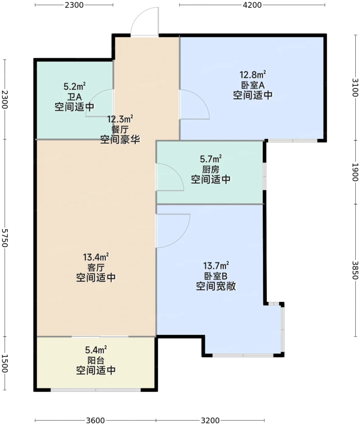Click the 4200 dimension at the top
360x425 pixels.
[x=252, y=5]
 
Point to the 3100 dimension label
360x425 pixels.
[x=355, y=87]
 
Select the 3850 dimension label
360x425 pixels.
[x=355, y=270]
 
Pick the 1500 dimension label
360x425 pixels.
[x=5, y=363]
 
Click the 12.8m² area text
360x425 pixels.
[x=253, y=75]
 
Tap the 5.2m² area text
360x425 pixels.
[x=74, y=86]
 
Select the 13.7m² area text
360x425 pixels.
[x=216, y=266]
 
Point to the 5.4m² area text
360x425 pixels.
[x=96, y=350]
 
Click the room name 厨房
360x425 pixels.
[x=211, y=170]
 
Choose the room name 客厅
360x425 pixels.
[x=96, y=268]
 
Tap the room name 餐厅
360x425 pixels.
[x=120, y=130]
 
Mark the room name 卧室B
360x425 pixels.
[x=216, y=276]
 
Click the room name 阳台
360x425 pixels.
[x=96, y=360]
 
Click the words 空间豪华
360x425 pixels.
[x=120, y=140]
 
